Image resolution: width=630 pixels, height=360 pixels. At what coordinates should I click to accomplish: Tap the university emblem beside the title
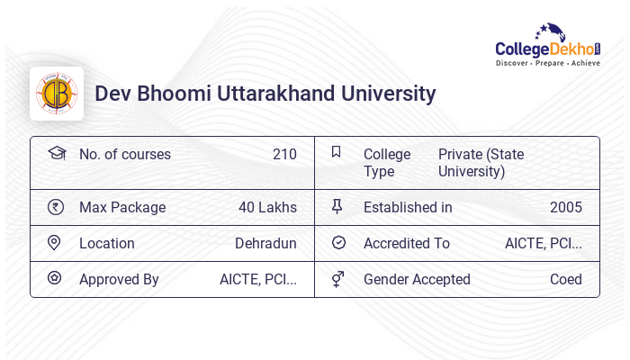(x=57, y=94)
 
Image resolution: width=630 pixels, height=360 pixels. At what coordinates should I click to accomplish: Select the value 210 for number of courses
(x=284, y=154)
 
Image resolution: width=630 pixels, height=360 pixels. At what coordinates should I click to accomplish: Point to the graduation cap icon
(x=56, y=153)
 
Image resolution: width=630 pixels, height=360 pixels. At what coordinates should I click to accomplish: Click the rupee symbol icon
(x=56, y=207)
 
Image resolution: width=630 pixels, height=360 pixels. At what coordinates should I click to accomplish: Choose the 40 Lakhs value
(x=267, y=207)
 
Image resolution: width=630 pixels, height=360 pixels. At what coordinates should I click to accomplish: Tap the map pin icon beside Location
(x=55, y=243)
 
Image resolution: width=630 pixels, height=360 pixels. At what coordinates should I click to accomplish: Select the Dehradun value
(x=265, y=243)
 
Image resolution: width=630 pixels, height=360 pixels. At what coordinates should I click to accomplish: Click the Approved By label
(x=119, y=279)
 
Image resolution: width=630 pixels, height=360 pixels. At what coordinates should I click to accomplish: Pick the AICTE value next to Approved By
(x=257, y=279)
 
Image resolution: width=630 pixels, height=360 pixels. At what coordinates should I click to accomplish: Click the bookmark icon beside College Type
(x=336, y=152)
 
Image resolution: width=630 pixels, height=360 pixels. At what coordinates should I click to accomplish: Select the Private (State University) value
(x=481, y=163)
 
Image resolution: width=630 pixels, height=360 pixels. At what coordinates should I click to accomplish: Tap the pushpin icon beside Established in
(x=337, y=207)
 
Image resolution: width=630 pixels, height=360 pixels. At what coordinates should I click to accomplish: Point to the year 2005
(x=565, y=207)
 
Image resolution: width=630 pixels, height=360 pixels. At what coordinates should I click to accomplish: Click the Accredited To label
(x=407, y=243)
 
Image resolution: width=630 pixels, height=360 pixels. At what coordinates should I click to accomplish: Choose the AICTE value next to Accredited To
(x=543, y=243)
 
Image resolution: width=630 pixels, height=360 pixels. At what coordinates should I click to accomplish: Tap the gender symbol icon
(x=337, y=279)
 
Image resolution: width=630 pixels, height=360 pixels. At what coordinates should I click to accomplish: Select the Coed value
(x=565, y=279)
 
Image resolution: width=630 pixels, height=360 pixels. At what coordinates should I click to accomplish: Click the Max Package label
(x=122, y=207)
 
